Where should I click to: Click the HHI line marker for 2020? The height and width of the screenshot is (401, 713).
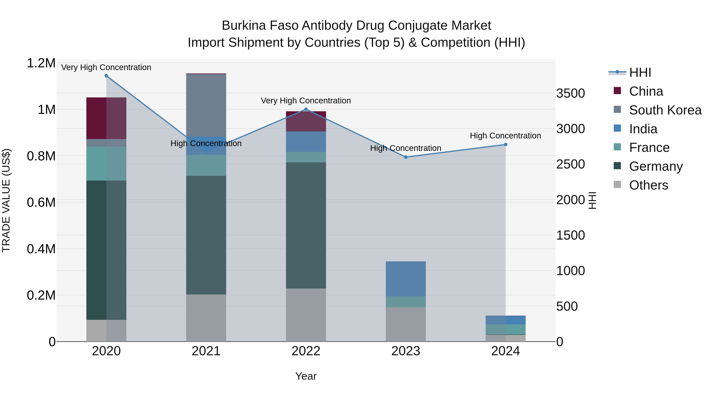click(x=106, y=76)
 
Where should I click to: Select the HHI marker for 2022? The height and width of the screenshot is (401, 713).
click(x=306, y=109)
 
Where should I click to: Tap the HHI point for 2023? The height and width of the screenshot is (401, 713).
click(x=406, y=157)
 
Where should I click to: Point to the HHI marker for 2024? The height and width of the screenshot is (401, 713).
click(x=505, y=145)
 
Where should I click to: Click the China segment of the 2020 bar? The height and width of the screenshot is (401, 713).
click(x=106, y=118)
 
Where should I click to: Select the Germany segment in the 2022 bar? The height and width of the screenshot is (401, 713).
click(x=306, y=225)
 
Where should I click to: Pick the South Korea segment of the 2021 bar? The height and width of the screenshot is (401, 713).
click(x=206, y=105)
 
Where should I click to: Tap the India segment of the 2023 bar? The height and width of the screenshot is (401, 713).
click(x=406, y=279)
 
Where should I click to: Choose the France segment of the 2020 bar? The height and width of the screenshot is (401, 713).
click(x=106, y=164)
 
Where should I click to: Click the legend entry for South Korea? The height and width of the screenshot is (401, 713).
click(x=665, y=110)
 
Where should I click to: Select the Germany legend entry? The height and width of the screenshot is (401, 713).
click(x=656, y=166)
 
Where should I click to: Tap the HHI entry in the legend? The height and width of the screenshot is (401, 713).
click(x=640, y=72)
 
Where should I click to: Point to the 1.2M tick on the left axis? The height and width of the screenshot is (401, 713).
click(x=41, y=63)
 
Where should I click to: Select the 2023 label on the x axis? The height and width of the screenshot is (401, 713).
click(x=406, y=351)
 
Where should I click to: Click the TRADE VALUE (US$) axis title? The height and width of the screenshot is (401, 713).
click(x=6, y=200)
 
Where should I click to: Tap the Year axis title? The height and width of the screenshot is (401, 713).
click(x=306, y=376)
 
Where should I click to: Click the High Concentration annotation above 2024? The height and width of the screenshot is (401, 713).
click(x=505, y=136)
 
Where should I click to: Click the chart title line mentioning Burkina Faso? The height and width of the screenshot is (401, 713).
click(x=356, y=26)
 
